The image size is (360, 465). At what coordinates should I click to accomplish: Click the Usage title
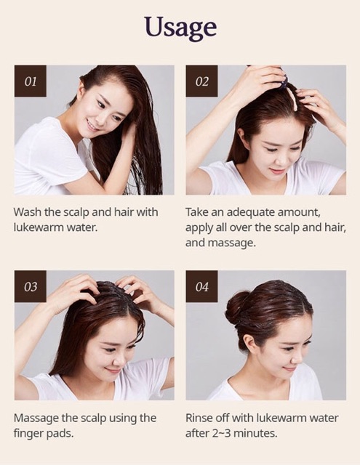click(x=180, y=27)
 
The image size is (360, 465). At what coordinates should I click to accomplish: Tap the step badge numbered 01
click(x=31, y=81)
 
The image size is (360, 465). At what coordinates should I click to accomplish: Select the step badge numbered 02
click(x=201, y=81)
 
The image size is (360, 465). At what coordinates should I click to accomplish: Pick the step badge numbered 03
click(x=31, y=287)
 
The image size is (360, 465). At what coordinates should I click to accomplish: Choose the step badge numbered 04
click(x=201, y=287)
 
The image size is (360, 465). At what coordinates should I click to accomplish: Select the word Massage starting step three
click(x=38, y=418)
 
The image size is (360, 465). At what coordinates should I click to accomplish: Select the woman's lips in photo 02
click(x=276, y=171)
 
